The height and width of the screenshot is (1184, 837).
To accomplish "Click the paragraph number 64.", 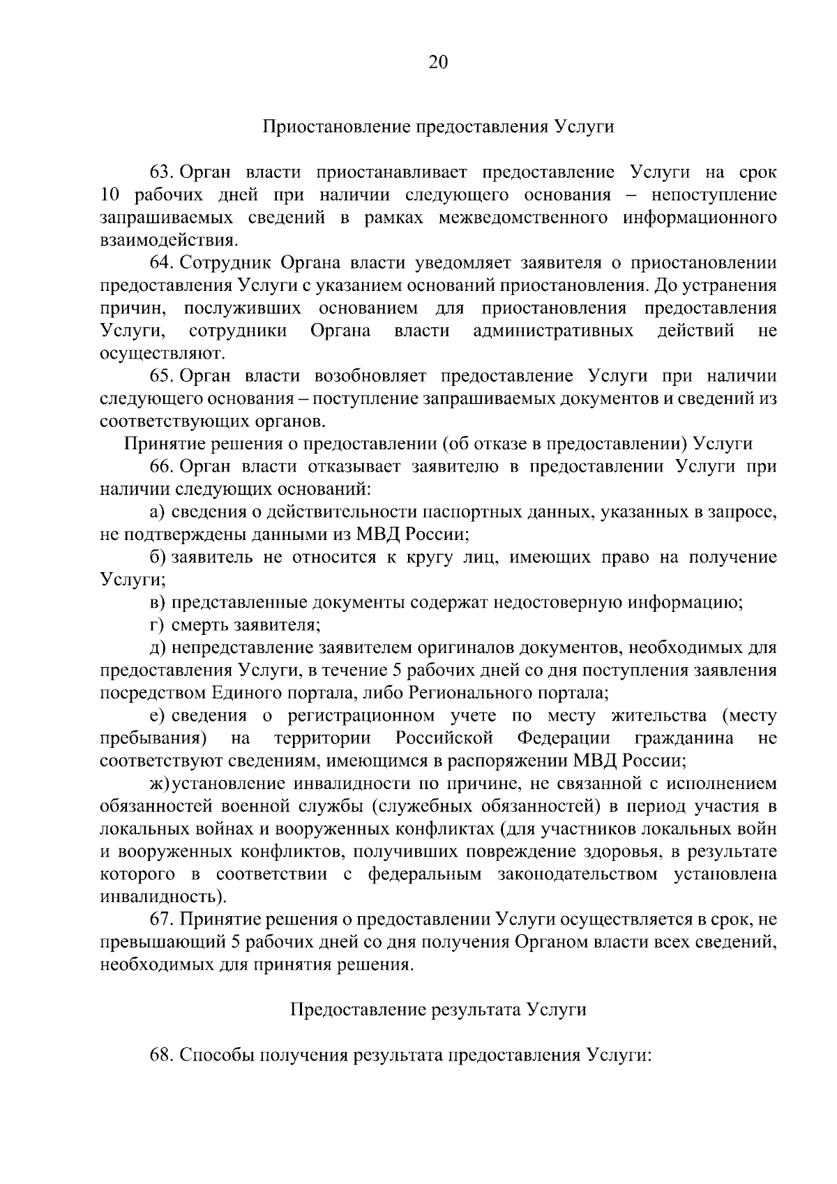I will pyautogui.click(x=160, y=263).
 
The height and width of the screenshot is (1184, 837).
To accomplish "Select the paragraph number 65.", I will pyautogui.click(x=160, y=377).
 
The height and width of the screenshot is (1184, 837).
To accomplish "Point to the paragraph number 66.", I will pyautogui.click(x=160, y=467).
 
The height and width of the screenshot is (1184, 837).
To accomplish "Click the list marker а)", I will pyautogui.click(x=157, y=513).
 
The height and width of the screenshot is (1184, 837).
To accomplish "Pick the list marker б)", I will pyautogui.click(x=157, y=557).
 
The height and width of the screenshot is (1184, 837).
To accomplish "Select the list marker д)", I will pyautogui.click(x=157, y=648).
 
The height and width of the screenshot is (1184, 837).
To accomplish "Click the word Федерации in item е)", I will pyautogui.click(x=564, y=738).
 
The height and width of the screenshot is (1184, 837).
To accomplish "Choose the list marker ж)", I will pyautogui.click(x=159, y=784).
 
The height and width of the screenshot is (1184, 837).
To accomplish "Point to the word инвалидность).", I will pyautogui.click(x=163, y=896).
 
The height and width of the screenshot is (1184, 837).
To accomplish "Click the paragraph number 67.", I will pyautogui.click(x=160, y=920).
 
